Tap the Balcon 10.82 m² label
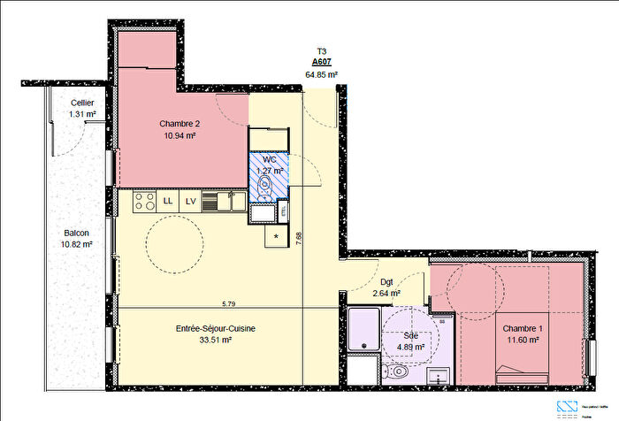(76, 238)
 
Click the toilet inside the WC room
(265, 185)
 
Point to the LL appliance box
(168, 202)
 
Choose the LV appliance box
(190, 202)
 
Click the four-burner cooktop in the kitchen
(144, 202)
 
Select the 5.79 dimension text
(228, 304)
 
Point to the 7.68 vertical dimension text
(300, 236)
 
